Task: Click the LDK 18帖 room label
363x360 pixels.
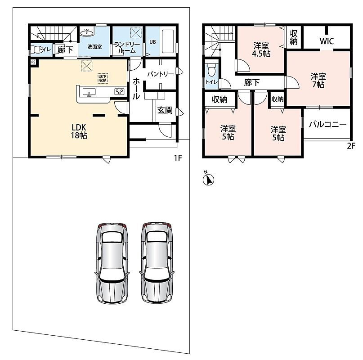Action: [x=79, y=131]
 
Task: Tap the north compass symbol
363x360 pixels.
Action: [x=208, y=179]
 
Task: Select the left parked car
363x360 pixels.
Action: [x=112, y=264]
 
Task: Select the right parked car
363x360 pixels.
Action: [x=157, y=264]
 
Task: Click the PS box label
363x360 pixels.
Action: [x=33, y=62]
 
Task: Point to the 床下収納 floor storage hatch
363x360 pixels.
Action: [x=103, y=79]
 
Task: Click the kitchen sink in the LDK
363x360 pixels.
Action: [x=89, y=92]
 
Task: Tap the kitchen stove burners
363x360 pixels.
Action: [x=120, y=92]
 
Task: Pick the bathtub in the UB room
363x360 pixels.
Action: [x=168, y=42]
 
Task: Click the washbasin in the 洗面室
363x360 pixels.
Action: [x=87, y=33]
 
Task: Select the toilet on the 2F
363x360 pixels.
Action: [x=211, y=70]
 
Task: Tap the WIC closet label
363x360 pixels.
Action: [x=327, y=41]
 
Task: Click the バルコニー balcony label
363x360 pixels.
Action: [x=327, y=125]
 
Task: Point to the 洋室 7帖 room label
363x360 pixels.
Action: [x=318, y=81]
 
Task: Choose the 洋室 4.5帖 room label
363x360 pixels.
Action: [x=261, y=49]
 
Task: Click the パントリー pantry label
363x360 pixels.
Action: [x=161, y=74]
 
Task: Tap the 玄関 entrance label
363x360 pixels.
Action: [x=165, y=110]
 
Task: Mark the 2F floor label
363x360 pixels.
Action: [x=351, y=146]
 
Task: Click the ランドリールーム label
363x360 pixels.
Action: [x=127, y=48]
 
